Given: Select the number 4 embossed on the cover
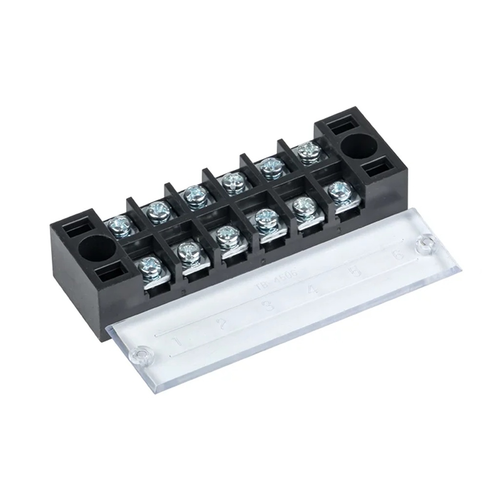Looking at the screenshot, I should pos(313,291).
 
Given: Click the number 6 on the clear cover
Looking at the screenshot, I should pos(399,255).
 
